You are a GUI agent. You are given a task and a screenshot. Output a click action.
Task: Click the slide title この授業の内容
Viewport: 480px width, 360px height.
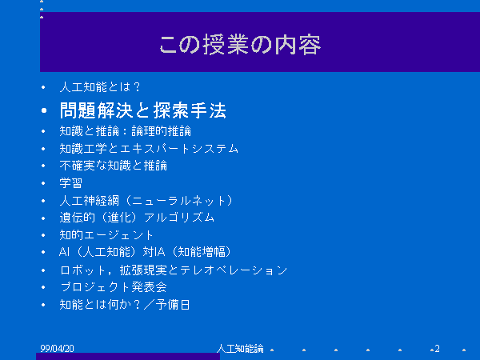(x=240, y=45)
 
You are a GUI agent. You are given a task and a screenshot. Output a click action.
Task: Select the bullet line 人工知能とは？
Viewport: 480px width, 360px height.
(x=100, y=87)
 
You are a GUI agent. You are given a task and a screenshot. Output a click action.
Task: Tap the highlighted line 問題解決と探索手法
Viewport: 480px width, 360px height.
(x=143, y=110)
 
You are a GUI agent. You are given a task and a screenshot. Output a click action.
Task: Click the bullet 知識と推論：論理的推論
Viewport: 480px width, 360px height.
(x=126, y=131)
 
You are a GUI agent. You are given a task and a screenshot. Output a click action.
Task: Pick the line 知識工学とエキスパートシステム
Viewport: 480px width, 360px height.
(x=149, y=149)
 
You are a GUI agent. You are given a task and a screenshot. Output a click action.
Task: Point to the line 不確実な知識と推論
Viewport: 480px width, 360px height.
(x=114, y=166)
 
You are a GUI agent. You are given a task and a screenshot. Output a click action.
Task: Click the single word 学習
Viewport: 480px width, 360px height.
(x=71, y=183)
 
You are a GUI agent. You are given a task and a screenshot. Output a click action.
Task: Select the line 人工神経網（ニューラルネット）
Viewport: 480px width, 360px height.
(x=146, y=201)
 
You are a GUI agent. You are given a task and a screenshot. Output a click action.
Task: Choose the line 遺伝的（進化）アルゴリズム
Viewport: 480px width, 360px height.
(x=137, y=218)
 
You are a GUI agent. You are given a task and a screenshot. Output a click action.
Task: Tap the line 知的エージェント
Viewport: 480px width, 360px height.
(x=106, y=235)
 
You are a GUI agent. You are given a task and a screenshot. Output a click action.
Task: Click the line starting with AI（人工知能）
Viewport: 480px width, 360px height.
(x=145, y=252)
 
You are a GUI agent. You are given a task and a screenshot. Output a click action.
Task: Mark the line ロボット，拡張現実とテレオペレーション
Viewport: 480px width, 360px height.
(x=174, y=270)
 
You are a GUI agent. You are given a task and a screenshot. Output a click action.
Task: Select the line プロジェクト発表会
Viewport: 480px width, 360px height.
(x=114, y=287)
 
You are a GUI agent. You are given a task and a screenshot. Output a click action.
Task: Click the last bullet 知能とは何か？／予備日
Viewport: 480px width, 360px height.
(x=125, y=305)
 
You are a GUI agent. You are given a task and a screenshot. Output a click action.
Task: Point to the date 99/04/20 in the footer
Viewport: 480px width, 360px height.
(x=57, y=349)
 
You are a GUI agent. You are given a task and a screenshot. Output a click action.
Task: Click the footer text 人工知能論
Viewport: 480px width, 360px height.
(x=240, y=349)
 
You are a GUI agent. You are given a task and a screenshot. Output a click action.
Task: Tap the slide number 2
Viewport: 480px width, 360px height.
(x=437, y=349)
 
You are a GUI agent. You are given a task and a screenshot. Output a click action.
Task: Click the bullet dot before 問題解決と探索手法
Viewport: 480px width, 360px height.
(x=44, y=110)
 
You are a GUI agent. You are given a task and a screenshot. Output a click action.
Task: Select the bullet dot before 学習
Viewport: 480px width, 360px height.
(x=43, y=183)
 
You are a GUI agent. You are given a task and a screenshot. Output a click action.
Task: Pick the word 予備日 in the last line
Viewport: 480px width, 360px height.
(x=173, y=305)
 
